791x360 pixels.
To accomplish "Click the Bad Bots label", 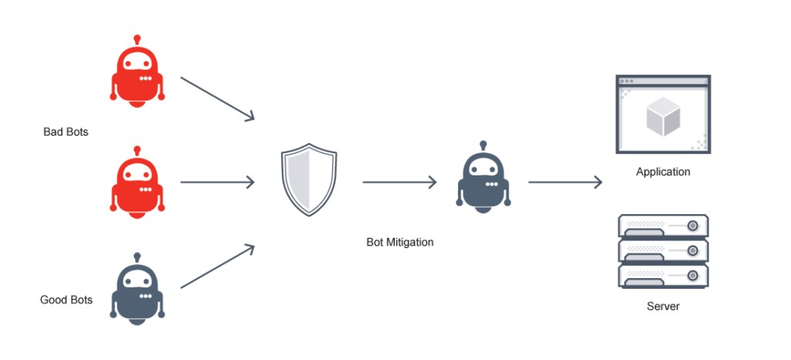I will click(x=66, y=132).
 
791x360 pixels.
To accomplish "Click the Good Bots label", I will click(x=66, y=300).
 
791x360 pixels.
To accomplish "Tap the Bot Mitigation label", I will click(x=399, y=242).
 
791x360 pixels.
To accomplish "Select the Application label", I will click(x=663, y=172).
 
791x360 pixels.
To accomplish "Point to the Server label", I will click(x=663, y=307).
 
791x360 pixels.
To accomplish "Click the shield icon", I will click(x=308, y=181).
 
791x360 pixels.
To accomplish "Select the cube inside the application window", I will click(x=663, y=118).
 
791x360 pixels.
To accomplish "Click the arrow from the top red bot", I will click(x=217, y=98).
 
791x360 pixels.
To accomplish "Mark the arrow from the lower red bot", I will click(x=217, y=182).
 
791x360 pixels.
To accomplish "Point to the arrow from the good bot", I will click(x=217, y=267).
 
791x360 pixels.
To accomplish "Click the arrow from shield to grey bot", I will click(x=399, y=182).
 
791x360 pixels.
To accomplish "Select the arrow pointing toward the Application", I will click(x=565, y=182).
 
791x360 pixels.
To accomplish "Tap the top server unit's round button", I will click(x=692, y=225).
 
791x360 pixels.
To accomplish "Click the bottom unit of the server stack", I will click(x=663, y=276).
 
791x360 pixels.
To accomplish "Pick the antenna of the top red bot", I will click(x=137, y=39).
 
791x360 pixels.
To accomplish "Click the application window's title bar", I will click(x=663, y=80).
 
